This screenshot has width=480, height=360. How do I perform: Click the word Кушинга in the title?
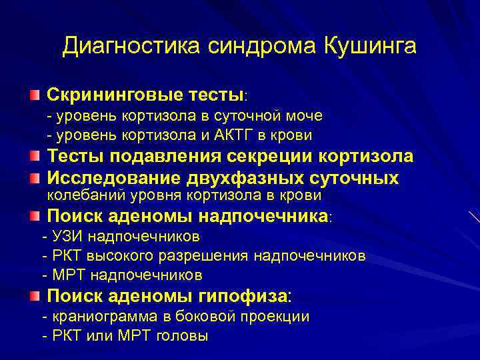point(370,46)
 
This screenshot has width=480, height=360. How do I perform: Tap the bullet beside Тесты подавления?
point(34,157)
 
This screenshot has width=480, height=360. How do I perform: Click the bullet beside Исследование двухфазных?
point(34,178)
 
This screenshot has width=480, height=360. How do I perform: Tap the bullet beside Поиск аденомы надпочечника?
point(34,216)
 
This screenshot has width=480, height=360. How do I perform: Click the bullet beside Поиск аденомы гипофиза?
point(34,295)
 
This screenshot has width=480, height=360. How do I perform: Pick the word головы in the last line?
point(181,335)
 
